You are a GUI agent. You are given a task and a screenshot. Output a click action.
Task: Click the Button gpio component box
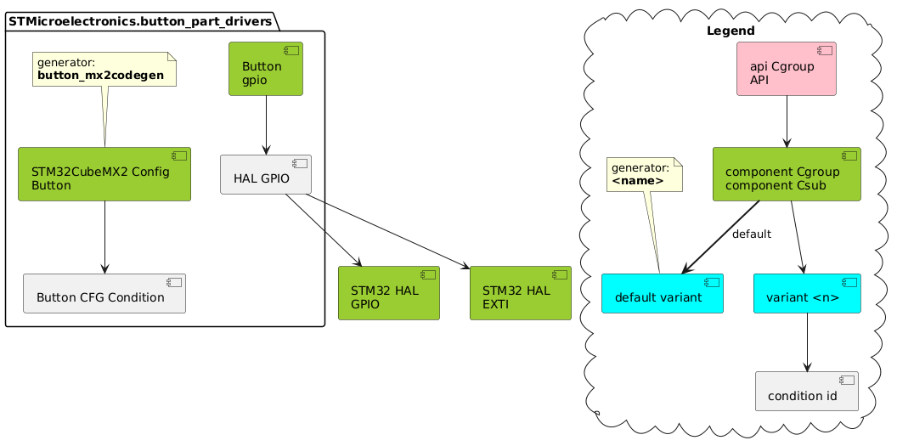click(x=265, y=69)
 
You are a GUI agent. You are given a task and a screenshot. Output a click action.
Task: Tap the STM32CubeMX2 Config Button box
click(x=104, y=174)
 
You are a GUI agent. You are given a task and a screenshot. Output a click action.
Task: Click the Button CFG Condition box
click(x=104, y=293)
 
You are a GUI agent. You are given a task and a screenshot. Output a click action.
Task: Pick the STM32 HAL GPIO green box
click(x=388, y=293)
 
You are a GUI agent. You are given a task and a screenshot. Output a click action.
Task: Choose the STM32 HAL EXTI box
click(x=520, y=293)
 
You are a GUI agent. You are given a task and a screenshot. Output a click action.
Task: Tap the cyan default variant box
click(x=662, y=293)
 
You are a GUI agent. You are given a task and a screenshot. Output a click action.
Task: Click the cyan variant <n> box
click(x=807, y=293)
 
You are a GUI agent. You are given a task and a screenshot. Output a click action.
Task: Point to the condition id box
click(x=806, y=391)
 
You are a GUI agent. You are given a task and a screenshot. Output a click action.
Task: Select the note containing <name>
click(x=644, y=174)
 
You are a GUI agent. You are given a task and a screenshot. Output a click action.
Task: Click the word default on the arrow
click(x=751, y=234)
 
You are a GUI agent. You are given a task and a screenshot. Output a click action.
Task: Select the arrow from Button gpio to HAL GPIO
click(x=267, y=125)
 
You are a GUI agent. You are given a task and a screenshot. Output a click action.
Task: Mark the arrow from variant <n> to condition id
click(x=807, y=342)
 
